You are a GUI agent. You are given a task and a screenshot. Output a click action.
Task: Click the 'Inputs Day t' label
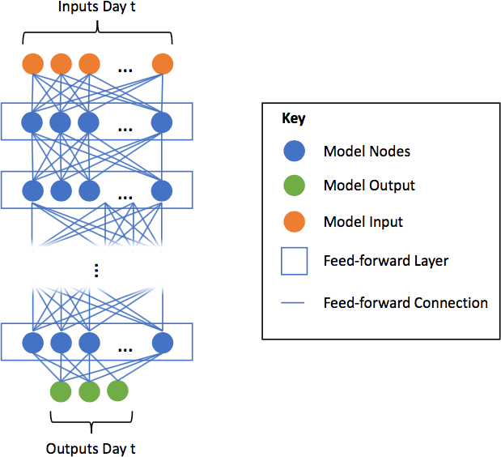(x=97, y=8)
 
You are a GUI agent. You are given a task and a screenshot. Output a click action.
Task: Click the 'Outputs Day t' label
(x=91, y=448)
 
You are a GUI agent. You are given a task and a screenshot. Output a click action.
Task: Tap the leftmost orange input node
(x=32, y=63)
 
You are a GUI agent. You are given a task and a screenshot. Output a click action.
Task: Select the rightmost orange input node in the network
(x=162, y=63)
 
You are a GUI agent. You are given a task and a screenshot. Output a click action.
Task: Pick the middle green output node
(x=89, y=391)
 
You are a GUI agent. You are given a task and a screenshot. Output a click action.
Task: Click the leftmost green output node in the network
(x=61, y=391)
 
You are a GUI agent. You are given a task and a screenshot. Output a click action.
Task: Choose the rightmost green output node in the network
(x=117, y=391)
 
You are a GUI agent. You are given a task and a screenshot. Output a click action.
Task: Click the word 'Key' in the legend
(x=293, y=118)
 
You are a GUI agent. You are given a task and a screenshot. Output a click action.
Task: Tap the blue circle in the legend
(x=295, y=151)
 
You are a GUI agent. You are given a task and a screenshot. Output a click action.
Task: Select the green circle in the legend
(x=295, y=186)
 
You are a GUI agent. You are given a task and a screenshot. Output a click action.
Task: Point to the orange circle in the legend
(x=295, y=221)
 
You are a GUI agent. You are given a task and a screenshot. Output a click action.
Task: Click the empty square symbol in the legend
(x=295, y=261)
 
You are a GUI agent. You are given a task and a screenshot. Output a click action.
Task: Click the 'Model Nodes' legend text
(x=367, y=152)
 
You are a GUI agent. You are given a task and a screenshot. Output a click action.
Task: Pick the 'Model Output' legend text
(x=369, y=186)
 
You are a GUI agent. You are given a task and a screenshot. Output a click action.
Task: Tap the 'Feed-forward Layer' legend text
(x=385, y=261)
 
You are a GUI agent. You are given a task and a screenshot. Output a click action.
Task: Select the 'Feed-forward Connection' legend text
(x=405, y=303)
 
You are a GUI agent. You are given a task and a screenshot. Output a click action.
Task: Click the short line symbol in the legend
(x=295, y=304)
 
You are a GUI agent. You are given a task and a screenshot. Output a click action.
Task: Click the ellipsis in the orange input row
(x=125, y=69)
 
